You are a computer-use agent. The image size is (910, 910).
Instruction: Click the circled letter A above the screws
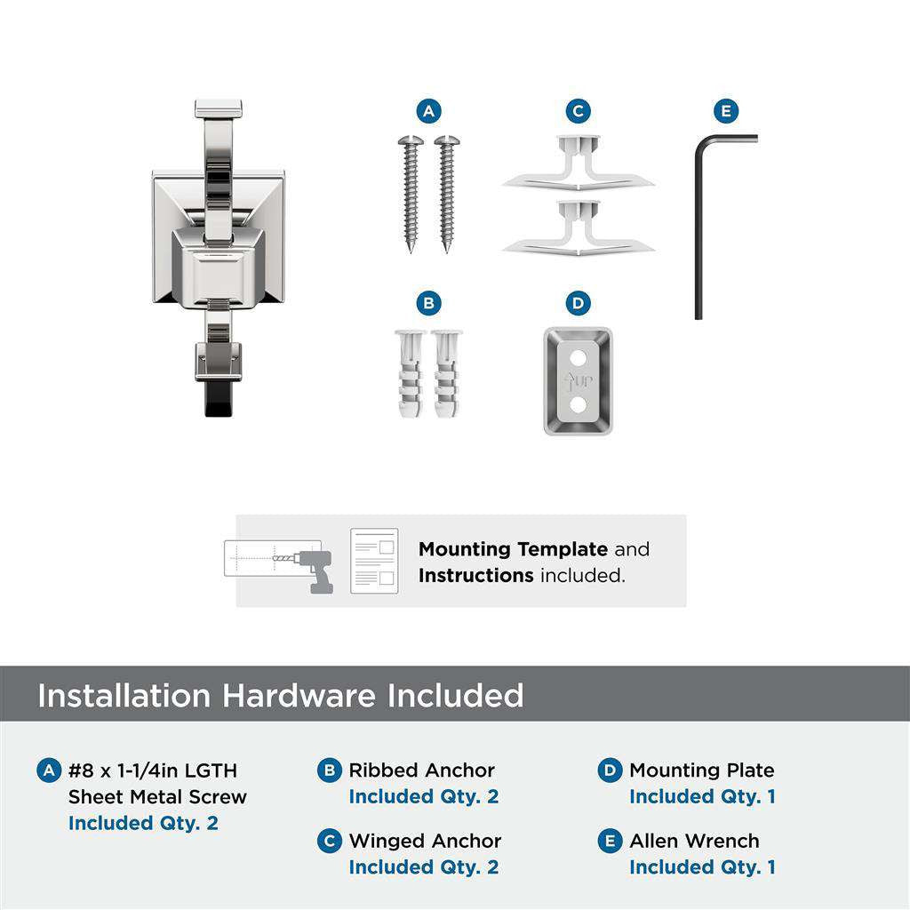(x=428, y=111)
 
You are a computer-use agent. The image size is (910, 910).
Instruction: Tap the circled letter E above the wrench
(x=726, y=111)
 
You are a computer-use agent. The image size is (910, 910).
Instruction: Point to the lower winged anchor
(x=578, y=230)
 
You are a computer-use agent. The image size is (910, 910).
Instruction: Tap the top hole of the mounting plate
(x=579, y=356)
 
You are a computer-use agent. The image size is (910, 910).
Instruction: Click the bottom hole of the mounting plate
(x=579, y=405)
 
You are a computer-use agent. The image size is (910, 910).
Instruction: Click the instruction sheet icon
(x=374, y=561)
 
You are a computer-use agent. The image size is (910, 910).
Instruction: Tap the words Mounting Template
(x=513, y=549)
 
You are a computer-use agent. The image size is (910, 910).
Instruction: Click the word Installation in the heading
(x=124, y=695)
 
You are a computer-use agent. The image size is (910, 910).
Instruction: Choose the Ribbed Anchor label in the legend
(x=421, y=770)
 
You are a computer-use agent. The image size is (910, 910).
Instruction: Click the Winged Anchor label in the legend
(x=425, y=841)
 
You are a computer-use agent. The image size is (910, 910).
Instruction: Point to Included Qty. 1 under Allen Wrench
(x=702, y=867)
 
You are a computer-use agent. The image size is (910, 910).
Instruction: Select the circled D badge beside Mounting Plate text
(x=610, y=770)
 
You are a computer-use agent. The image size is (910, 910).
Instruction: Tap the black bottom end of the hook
(x=218, y=400)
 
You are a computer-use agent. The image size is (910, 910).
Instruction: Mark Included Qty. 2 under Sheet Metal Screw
(x=143, y=823)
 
